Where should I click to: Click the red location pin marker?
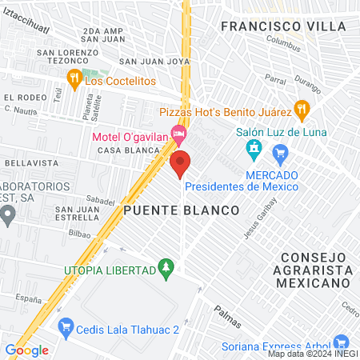[x=180, y=163]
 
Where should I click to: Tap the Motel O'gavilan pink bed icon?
[x=179, y=131]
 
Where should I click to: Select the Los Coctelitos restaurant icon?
[x=73, y=78]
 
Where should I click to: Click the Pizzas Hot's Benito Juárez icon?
[x=300, y=107]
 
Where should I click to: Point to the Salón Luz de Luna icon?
[x=254, y=148]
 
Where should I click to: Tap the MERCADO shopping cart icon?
[x=280, y=152]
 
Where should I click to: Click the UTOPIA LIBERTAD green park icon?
[x=166, y=265]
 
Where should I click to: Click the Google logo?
[x=26, y=350]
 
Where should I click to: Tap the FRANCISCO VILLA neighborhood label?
[x=272, y=26]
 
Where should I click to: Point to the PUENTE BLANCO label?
[x=182, y=210]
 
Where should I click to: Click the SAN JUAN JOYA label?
[x=154, y=60]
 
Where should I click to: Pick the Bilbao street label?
[x=79, y=234]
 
